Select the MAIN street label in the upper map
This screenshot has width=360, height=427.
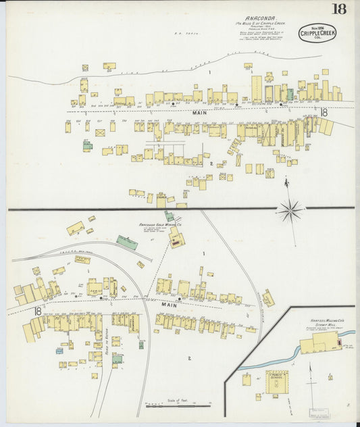[199, 113]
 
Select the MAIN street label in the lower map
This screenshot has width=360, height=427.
[168, 305]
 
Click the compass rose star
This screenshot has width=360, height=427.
[290, 211]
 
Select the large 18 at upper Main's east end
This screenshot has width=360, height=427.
[324, 113]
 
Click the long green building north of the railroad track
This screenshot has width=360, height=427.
[127, 242]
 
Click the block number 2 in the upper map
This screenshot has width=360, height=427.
[211, 164]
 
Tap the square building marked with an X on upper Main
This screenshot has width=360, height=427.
[100, 133]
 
